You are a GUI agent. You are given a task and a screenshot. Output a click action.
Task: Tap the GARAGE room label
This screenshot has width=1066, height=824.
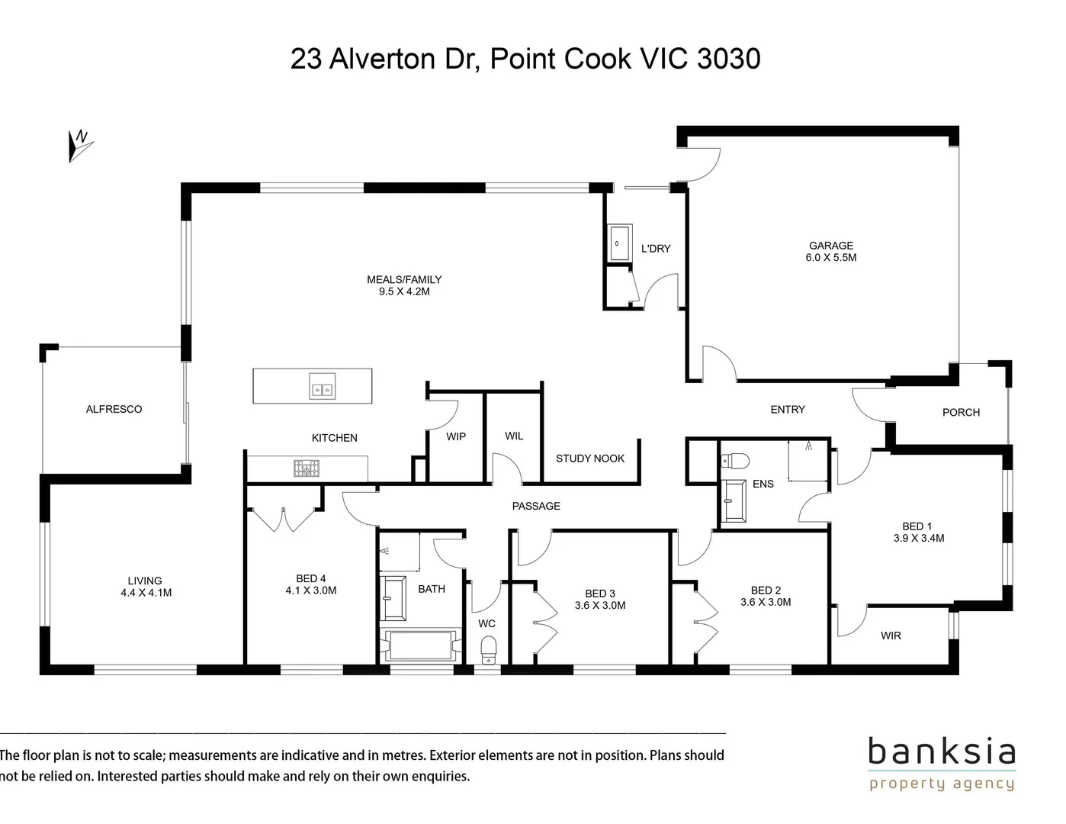pos(830,246)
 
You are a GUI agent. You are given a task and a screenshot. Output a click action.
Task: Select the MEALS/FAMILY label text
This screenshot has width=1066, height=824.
pos(404,279)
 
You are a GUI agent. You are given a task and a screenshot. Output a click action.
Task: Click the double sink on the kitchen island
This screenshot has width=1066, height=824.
pos(322,388)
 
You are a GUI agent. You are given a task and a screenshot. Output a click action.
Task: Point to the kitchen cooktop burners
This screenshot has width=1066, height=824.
pos(307,468)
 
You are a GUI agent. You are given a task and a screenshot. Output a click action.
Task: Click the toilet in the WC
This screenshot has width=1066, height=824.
pos(489,651)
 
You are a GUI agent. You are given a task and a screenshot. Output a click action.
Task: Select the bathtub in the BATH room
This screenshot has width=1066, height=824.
pos(422,645)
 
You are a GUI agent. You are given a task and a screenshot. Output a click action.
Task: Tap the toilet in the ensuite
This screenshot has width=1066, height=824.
pos(735,461)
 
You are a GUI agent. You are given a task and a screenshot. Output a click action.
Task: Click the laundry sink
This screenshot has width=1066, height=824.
pos(618,243)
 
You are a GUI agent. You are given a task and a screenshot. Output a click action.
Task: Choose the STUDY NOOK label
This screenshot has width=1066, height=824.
pos(589,459)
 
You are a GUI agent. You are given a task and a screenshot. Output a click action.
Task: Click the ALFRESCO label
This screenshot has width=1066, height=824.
pos(114,409)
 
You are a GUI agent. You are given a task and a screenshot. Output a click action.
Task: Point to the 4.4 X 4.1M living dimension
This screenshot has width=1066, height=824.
pos(146,592)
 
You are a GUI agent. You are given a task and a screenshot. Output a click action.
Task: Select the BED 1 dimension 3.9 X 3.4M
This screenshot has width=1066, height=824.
pos(918,538)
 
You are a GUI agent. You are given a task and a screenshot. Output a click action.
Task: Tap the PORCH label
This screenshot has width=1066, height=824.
pos(961,412)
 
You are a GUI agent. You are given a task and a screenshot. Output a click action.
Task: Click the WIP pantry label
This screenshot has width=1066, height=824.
pos(455,436)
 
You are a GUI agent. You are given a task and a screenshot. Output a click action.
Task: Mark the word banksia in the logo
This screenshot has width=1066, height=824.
pos(942,752)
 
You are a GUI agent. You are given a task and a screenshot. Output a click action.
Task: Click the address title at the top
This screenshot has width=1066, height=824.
pos(525,59)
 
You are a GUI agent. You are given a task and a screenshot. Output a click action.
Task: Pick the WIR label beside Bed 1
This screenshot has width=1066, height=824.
pos(891,636)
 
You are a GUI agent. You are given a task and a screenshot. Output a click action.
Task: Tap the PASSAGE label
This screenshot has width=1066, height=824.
pos(536,506)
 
